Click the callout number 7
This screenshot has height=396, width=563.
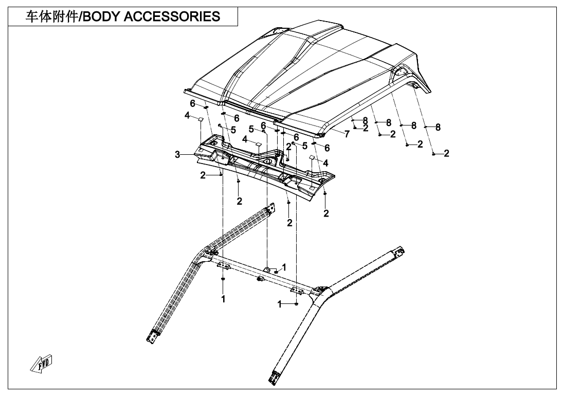pyautogui.click(x=347, y=134)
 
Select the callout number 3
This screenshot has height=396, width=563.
pyautogui.click(x=177, y=154)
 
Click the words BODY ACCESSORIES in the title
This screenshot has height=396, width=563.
pyautogui.click(x=151, y=16)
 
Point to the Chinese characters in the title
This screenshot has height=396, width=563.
pyautogui.click(x=51, y=16)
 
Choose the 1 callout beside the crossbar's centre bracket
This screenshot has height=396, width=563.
pyautogui.click(x=284, y=267)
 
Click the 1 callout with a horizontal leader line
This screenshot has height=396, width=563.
pyautogui.click(x=280, y=304)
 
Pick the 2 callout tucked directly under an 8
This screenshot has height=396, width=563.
pyautogui.click(x=366, y=128)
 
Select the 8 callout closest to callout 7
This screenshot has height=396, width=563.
pyautogui.click(x=365, y=120)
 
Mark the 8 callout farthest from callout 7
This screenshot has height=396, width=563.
pyautogui.click(x=438, y=127)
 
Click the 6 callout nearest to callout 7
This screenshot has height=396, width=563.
pyautogui.click(x=326, y=148)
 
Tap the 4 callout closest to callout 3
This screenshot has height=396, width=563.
pyautogui.click(x=188, y=116)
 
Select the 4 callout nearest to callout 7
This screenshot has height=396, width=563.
pyautogui.click(x=325, y=163)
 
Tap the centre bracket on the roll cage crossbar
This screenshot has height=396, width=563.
pyautogui.click(x=267, y=270)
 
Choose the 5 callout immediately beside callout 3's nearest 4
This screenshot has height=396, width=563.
pyautogui.click(x=233, y=130)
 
